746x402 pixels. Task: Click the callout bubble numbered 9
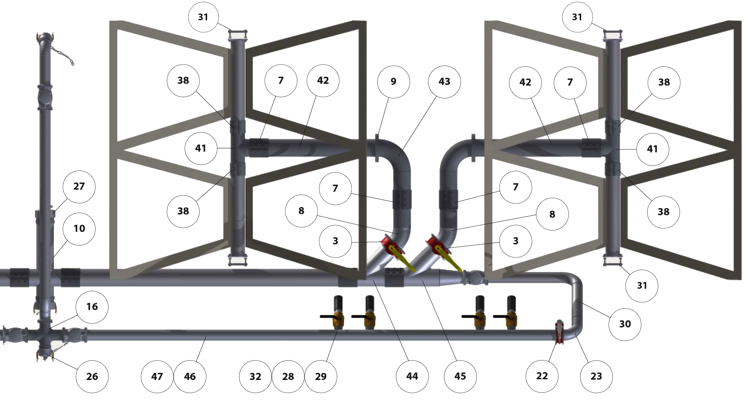coord(393,82)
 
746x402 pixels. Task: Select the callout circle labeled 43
coord(444,82)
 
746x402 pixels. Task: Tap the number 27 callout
coord(79,187)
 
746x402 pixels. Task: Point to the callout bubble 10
coord(79,229)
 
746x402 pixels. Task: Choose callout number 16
coord(92,307)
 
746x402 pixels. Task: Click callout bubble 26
coord(92,377)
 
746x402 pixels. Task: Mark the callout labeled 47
coord(157,377)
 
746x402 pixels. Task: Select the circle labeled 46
coord(190,377)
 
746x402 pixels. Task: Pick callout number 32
coord(255,377)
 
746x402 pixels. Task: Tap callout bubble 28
coord(288,377)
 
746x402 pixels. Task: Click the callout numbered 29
coord(321,377)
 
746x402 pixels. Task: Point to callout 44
coord(412,376)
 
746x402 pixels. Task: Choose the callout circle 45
coord(460,376)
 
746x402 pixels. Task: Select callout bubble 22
coord(542,376)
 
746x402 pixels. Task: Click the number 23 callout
coord(596,376)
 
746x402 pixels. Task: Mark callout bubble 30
coord(625,324)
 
